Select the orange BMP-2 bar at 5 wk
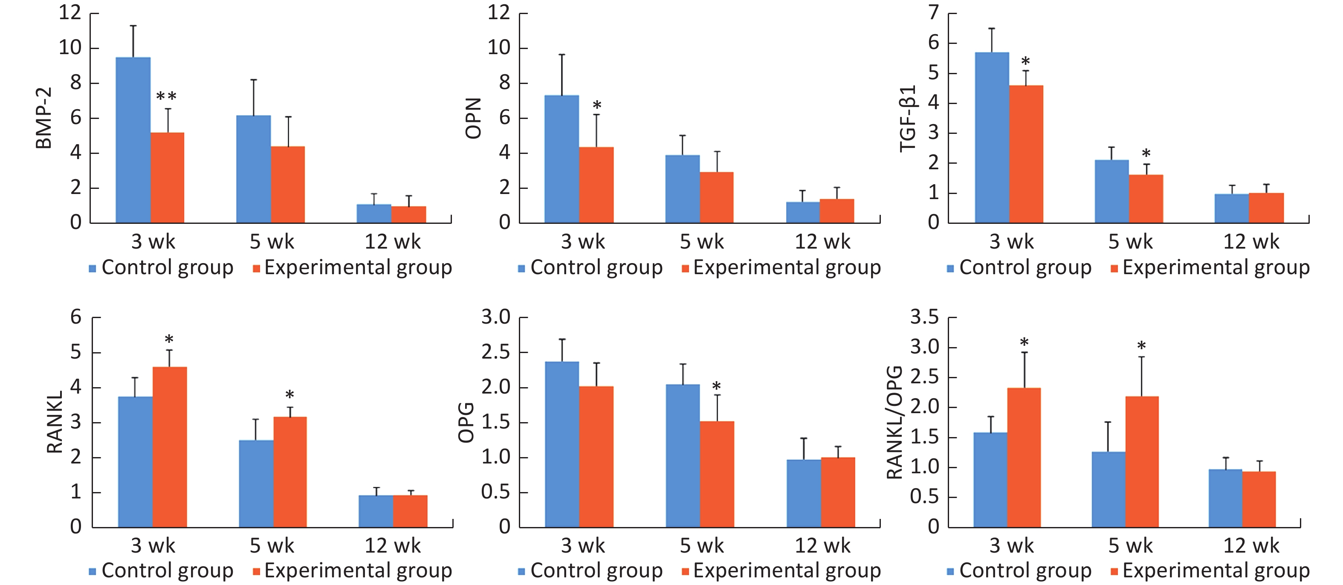[x=288, y=185]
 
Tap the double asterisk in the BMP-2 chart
[x=166, y=96]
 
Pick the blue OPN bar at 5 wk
[x=683, y=189]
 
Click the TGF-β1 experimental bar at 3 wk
[x=1026, y=154]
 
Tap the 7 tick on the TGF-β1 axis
[x=933, y=12]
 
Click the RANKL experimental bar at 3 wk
[x=169, y=447]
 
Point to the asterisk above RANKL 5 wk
[x=289, y=395]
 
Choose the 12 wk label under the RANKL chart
[x=392, y=545]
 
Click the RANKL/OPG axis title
[x=894, y=422]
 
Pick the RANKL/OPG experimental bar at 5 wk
[x=1142, y=461]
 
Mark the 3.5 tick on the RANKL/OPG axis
[x=924, y=317]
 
